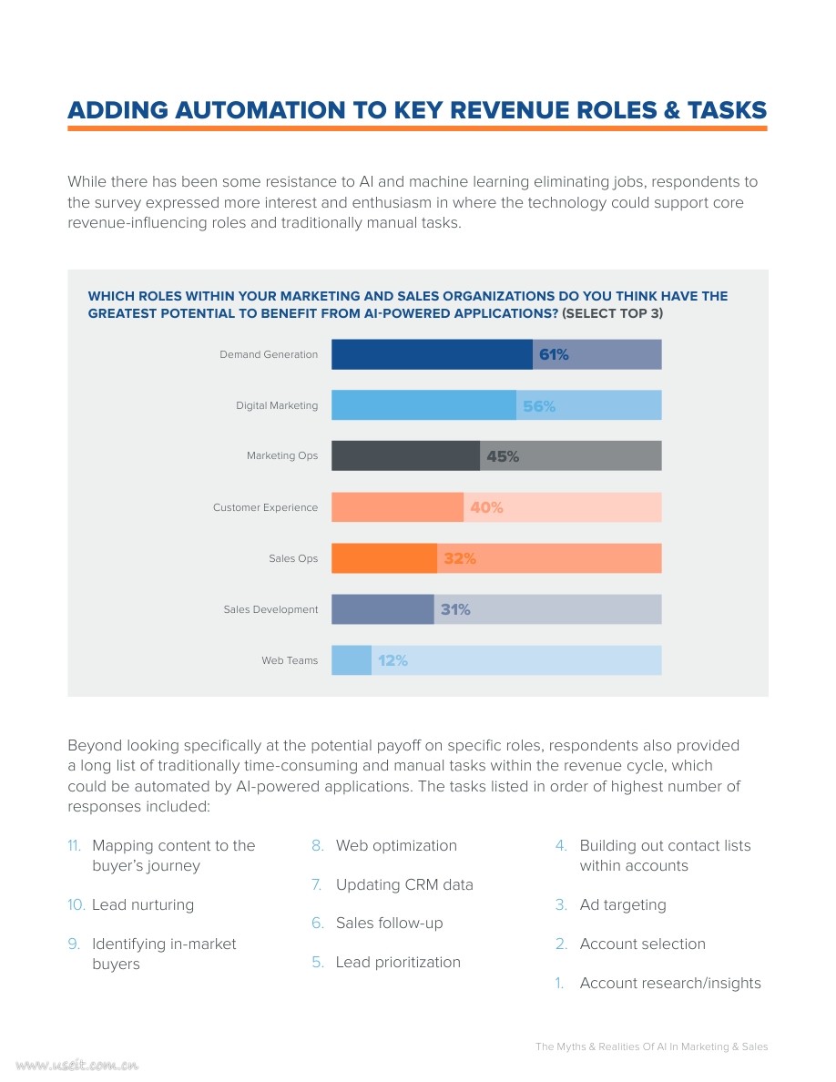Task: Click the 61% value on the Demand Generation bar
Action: click(554, 355)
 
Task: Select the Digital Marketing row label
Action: click(277, 405)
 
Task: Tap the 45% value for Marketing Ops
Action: click(503, 457)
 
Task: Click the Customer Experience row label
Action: click(265, 507)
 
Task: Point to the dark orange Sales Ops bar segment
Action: click(383, 558)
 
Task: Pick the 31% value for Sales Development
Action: click(455, 610)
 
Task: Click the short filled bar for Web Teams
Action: click(351, 660)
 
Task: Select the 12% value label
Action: click(393, 661)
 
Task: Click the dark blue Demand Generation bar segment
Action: click(431, 354)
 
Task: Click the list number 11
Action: click(75, 846)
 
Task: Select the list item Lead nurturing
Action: click(143, 905)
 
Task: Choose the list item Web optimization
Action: click(396, 846)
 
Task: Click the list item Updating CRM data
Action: click(404, 885)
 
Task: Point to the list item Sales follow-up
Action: click(389, 924)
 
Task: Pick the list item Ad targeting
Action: click(623, 905)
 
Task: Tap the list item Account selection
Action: click(642, 944)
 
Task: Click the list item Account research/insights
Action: click(670, 984)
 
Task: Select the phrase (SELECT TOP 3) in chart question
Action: click(613, 313)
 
